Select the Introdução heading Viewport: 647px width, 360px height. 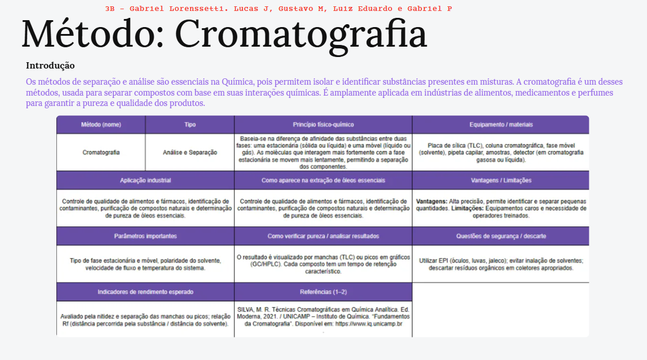point(50,66)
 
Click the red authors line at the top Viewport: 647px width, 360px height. point(279,9)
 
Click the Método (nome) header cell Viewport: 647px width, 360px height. point(101,124)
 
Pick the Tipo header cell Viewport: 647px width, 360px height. point(190,124)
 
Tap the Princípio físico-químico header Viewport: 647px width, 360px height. point(323,124)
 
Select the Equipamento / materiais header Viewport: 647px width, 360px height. point(501,124)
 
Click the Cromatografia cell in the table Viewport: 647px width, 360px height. point(101,153)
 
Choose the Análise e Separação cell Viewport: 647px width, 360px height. point(190,153)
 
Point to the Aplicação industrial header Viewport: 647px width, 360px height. point(145,180)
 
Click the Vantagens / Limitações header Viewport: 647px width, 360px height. point(501,180)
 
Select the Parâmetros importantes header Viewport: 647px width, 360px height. point(145,236)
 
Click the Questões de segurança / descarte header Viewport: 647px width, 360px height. point(501,236)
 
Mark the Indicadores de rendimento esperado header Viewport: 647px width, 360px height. point(145,292)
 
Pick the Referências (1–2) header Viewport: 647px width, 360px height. point(323,292)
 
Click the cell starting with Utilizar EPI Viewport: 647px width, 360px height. point(501,264)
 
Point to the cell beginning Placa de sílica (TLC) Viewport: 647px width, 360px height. point(501,153)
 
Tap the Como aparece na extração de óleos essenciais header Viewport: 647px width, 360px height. point(323,180)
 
